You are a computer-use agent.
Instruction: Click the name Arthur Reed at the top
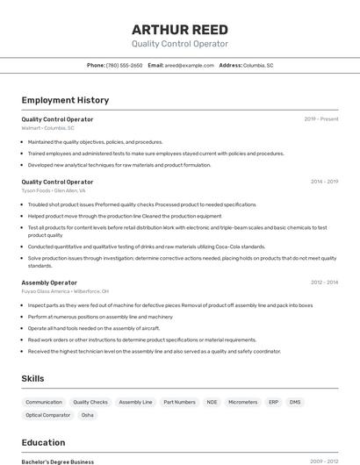[179, 29]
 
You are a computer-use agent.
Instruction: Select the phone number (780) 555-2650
[124, 65]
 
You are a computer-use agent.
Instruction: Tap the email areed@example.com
[189, 65]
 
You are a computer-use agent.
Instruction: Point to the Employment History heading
[65, 100]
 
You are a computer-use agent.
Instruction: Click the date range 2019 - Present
[320, 118]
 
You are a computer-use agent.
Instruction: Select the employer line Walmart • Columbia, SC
[47, 128]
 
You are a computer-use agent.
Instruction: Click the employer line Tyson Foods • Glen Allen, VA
[54, 190]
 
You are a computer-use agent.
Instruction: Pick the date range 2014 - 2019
[324, 182]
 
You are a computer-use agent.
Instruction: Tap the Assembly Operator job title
[49, 283]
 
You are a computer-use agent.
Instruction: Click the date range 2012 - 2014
[324, 283]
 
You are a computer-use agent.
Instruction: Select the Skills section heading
[33, 378]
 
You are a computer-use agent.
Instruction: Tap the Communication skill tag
[44, 402]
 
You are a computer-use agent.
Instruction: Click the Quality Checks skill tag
[90, 402]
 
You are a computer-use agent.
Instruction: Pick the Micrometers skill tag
[242, 402]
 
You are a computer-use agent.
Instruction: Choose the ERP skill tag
[273, 402]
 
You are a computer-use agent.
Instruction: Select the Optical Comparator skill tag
[48, 415]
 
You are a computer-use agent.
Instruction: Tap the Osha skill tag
[88, 415]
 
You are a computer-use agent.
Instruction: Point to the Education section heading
[43, 442]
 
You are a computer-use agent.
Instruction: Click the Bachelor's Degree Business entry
[58, 461]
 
